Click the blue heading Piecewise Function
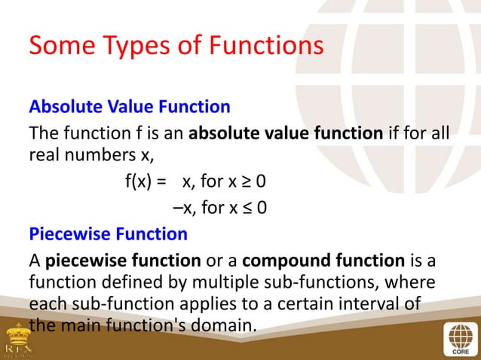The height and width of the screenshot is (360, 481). tap(108, 234)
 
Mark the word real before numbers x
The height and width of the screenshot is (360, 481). tap(43, 157)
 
